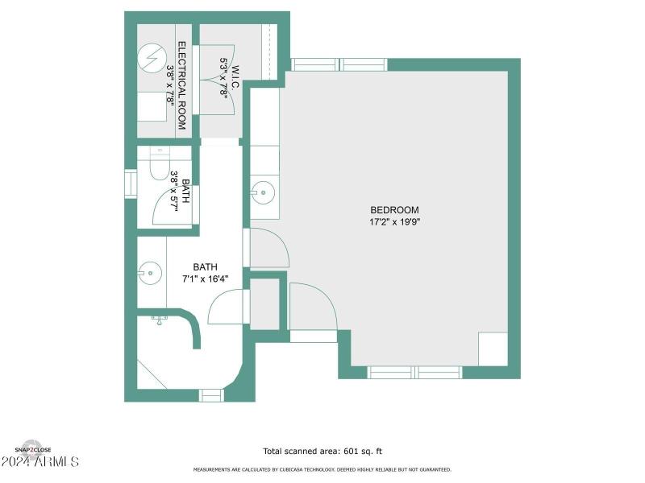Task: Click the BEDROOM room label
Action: tap(394, 210)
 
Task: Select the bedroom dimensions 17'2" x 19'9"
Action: tap(394, 221)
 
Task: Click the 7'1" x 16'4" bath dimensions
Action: tap(205, 279)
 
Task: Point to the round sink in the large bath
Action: tap(148, 273)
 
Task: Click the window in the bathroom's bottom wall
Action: tap(211, 395)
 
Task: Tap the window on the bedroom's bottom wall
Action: tap(414, 372)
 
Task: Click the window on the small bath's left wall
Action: tap(130, 183)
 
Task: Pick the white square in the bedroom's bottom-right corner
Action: tap(493, 349)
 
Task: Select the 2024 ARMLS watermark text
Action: tap(40, 462)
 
